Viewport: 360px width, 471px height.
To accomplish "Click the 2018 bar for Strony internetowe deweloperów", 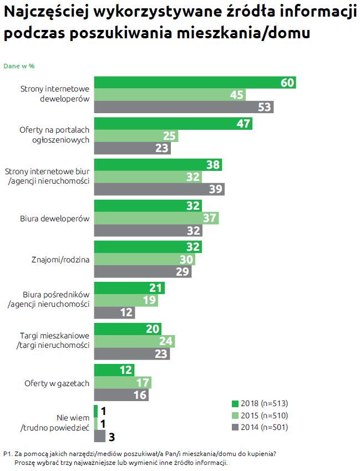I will (194, 82).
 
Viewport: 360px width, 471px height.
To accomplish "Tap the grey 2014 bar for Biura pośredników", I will (114, 312).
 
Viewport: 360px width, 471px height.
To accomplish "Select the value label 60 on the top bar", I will (287, 82).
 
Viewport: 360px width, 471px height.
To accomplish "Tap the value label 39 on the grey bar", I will (216, 189).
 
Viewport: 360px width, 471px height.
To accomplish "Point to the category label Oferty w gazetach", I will (57, 383).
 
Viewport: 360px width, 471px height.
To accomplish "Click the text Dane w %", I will (19, 65).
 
